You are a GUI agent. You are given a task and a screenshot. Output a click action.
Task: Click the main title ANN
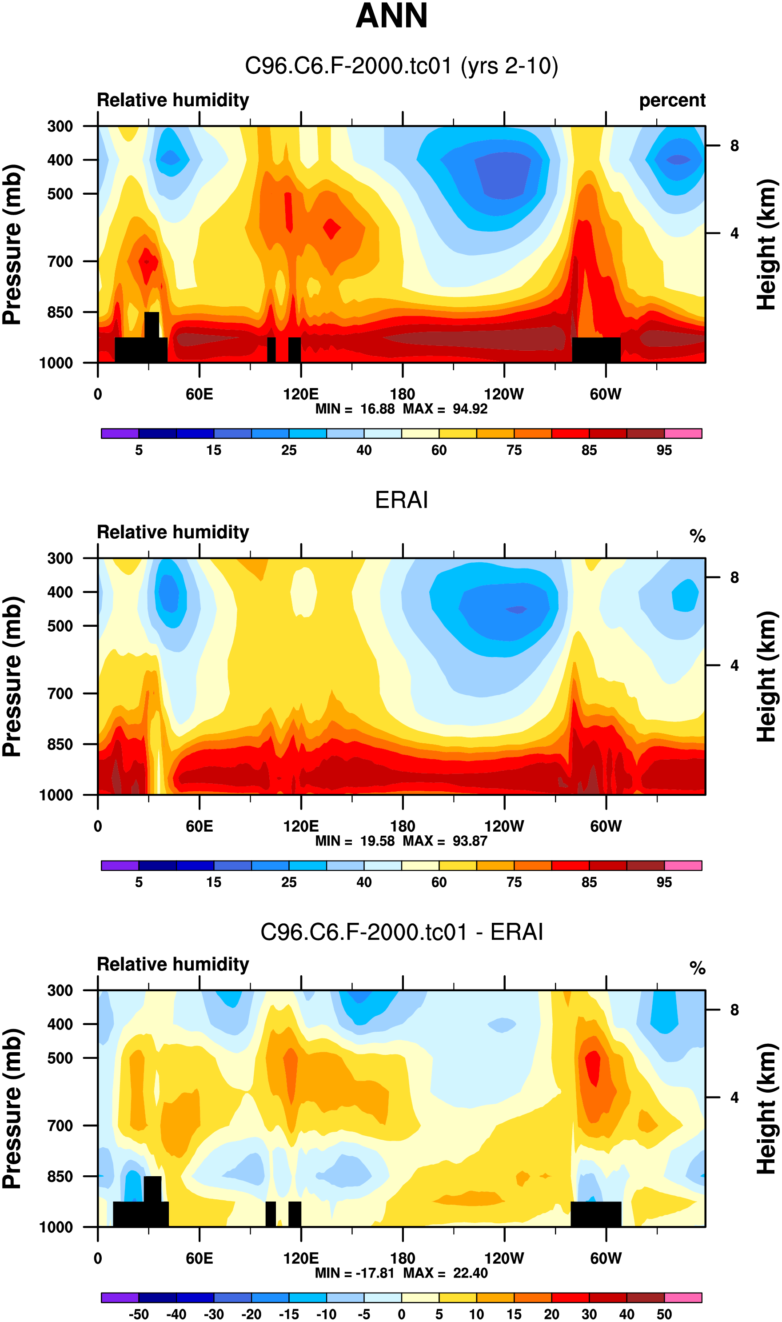pyautogui.click(x=391, y=16)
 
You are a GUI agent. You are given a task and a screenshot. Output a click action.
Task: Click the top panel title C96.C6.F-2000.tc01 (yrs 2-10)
pyautogui.click(x=401, y=66)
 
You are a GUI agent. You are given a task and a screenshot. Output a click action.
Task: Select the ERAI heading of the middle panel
pyautogui.click(x=401, y=500)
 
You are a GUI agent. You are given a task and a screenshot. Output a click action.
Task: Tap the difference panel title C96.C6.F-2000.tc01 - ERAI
pyautogui.click(x=401, y=932)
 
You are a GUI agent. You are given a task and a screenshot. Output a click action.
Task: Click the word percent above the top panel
pyautogui.click(x=672, y=100)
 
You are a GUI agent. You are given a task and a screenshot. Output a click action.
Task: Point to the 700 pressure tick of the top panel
pyautogui.click(x=60, y=261)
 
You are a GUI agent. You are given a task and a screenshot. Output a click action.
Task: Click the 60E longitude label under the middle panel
pyautogui.click(x=199, y=826)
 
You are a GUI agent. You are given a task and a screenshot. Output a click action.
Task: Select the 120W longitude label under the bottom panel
pyautogui.click(x=504, y=1258)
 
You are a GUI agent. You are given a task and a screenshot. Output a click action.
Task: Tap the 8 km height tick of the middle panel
pyautogui.click(x=734, y=578)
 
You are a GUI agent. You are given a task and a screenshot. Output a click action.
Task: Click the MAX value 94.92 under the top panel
pyautogui.click(x=470, y=409)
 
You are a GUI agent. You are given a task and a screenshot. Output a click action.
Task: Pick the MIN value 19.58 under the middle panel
pyautogui.click(x=377, y=841)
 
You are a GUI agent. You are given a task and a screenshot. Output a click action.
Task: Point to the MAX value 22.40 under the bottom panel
pyautogui.click(x=470, y=1274)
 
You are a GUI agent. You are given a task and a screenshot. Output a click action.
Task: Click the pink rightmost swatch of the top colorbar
pyautogui.click(x=683, y=434)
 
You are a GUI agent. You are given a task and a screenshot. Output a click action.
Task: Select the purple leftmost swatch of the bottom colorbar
pyautogui.click(x=120, y=1298)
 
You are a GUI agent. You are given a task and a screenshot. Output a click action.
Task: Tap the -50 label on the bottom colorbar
pyautogui.click(x=139, y=1314)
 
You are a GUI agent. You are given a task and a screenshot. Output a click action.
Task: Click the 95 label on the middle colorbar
pyautogui.click(x=664, y=882)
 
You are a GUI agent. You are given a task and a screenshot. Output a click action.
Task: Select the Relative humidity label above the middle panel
pyautogui.click(x=173, y=533)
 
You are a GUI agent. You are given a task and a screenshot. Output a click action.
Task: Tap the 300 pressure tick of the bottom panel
pyautogui.click(x=60, y=990)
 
